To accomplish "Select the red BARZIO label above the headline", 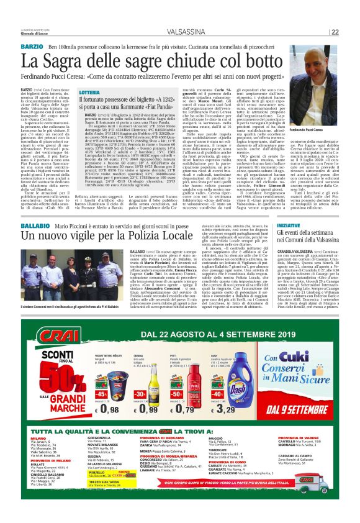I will (x=32, y=47).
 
